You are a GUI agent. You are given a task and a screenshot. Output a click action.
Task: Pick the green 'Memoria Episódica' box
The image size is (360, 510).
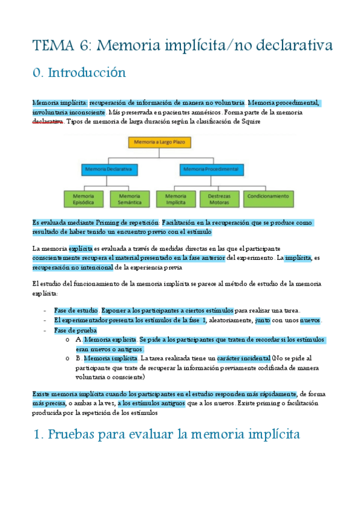pyautogui.click(x=84, y=199)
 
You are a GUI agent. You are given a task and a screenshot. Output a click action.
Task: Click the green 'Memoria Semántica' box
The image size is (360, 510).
pyautogui.click(x=130, y=199)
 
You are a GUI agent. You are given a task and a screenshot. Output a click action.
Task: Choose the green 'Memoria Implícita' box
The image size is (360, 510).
pyautogui.click(x=175, y=199)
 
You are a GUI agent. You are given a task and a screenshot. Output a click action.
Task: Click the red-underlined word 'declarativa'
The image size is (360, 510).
pyautogui.click(x=47, y=121)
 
